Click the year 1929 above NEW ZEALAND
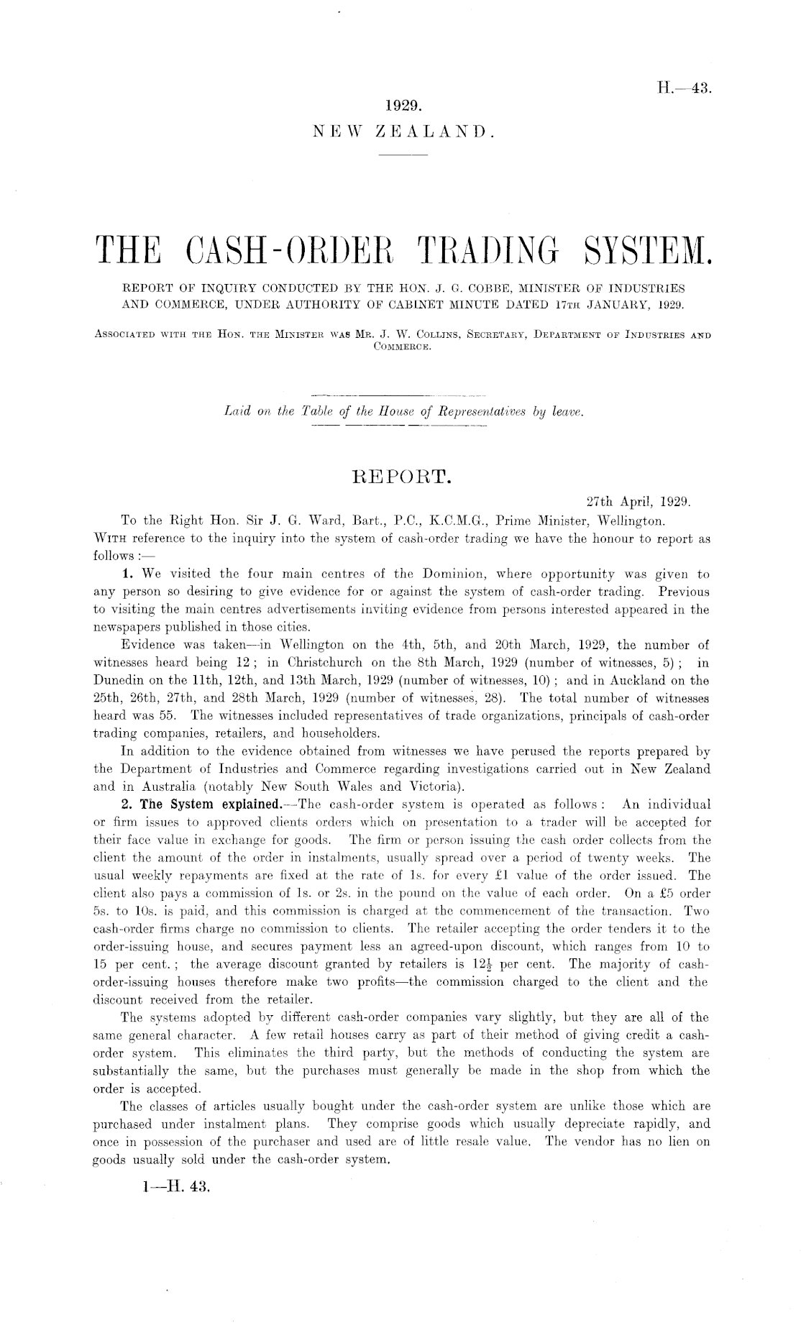pos(402,106)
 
